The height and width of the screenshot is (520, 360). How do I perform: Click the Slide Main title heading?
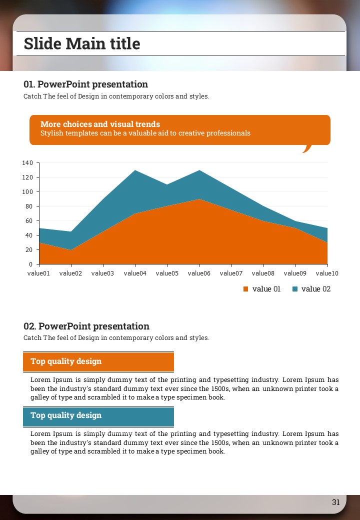[x=82, y=43]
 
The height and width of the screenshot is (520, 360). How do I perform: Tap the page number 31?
[x=335, y=502]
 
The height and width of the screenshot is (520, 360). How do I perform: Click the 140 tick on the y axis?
[x=27, y=163]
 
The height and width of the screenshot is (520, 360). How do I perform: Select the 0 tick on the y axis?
[x=30, y=264]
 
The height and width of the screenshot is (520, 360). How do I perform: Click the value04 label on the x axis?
[x=135, y=273]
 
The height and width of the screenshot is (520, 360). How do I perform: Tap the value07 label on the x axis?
[x=231, y=273]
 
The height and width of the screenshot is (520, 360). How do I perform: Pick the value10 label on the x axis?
[x=327, y=273]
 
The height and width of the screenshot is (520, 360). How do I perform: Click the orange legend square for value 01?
[x=245, y=289]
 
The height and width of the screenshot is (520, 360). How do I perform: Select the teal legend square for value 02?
[x=294, y=289]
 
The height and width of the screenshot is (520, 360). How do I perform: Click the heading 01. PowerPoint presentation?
[x=85, y=84]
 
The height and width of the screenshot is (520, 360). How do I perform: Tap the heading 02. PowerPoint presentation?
[x=86, y=326]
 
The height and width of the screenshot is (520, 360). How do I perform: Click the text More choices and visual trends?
[x=100, y=124]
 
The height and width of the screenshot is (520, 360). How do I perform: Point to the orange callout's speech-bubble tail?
[x=306, y=148]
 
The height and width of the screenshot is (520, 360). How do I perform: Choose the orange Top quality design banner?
[x=98, y=361]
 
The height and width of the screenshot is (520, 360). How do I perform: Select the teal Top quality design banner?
[x=98, y=416]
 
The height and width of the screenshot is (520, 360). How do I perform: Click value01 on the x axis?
[x=39, y=273]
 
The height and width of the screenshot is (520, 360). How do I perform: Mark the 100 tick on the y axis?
[x=27, y=192]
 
